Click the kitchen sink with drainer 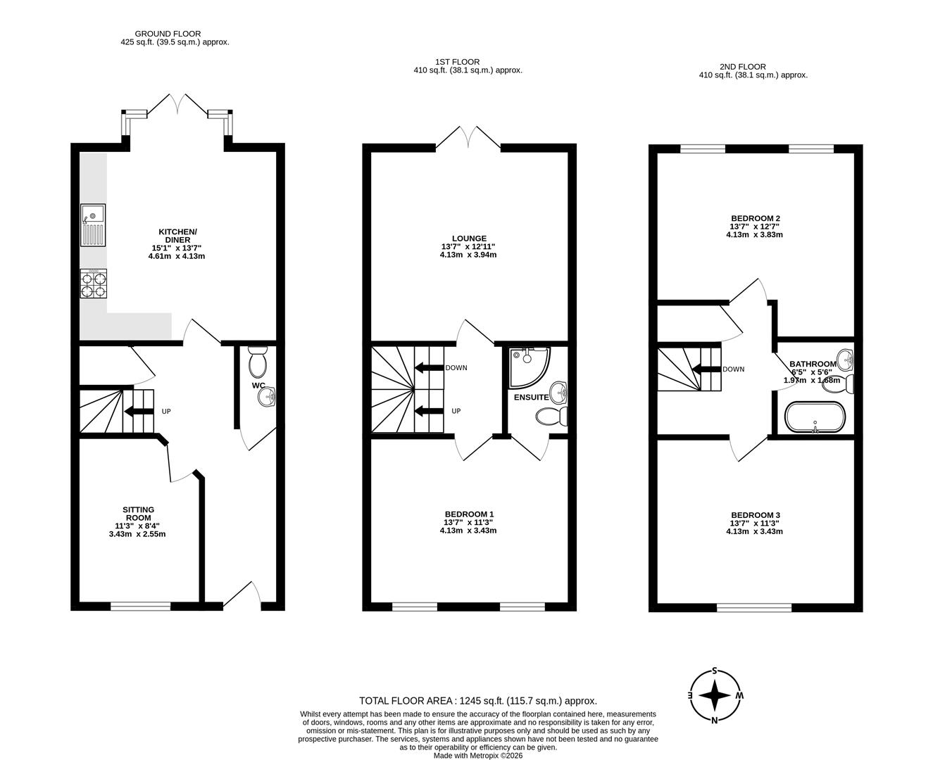click(x=93, y=225)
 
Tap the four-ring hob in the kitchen click(x=93, y=284)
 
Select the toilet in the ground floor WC click(x=258, y=362)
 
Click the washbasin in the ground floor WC click(x=267, y=396)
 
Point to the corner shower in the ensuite click(x=529, y=367)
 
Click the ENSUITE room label click(x=532, y=397)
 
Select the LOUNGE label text click(x=469, y=238)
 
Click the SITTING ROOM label click(x=139, y=514)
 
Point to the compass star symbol click(x=714, y=695)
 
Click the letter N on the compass click(x=715, y=721)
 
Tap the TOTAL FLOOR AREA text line click(x=478, y=701)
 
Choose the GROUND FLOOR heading click(x=168, y=34)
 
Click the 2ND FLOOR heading click(x=743, y=67)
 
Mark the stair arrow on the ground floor click(x=139, y=412)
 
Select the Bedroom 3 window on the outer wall click(x=754, y=607)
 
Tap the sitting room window click(x=141, y=606)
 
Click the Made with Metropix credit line click(x=478, y=756)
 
